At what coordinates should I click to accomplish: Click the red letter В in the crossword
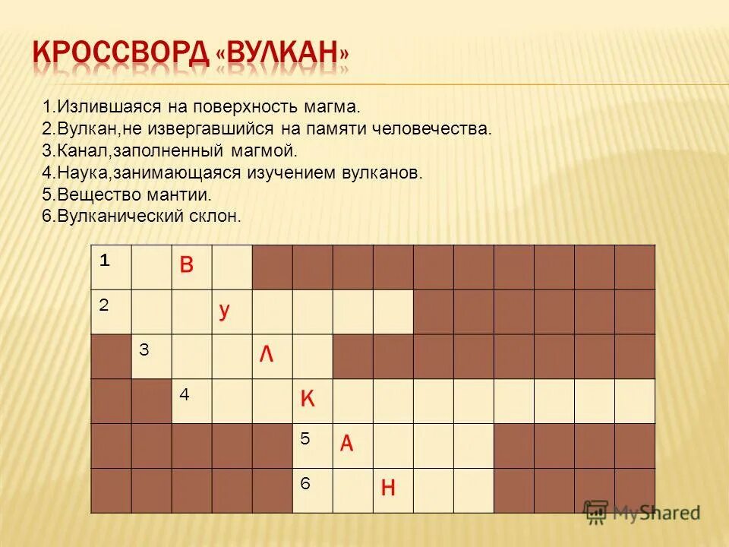coord(187,265)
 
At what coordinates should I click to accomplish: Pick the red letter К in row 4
coord(308,399)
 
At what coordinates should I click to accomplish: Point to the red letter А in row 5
coord(346,444)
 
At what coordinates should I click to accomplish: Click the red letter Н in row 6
coord(387,489)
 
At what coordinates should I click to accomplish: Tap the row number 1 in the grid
coord(103,260)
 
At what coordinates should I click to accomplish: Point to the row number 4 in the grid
coord(184,394)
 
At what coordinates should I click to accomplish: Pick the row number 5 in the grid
coord(305,438)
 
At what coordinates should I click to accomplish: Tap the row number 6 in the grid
coord(305,483)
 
